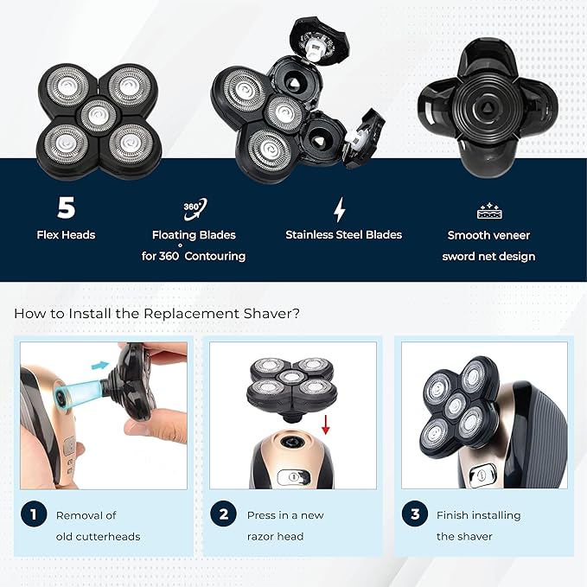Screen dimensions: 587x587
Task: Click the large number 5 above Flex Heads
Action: point(66,208)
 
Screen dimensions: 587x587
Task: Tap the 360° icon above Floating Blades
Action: point(195,207)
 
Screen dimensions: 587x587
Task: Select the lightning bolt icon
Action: point(340,209)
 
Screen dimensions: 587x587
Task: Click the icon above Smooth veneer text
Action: point(489,211)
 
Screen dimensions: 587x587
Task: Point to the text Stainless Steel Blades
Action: point(343,234)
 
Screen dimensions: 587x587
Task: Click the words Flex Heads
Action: point(66,234)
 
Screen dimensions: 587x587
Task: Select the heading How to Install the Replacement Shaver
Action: point(156,313)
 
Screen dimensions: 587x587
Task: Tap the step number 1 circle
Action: point(33,514)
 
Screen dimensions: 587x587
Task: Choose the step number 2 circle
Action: point(223,514)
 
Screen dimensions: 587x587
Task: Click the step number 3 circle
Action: point(414,514)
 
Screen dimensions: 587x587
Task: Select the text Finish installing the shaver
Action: point(479,526)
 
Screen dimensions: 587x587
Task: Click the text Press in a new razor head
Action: point(286,526)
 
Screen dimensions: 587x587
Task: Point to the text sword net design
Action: point(488,256)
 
